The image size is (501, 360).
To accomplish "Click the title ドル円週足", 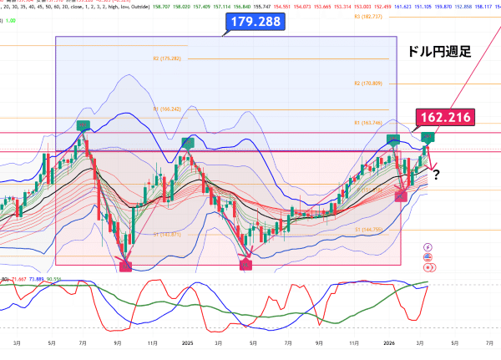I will pyautogui.click(x=438, y=52).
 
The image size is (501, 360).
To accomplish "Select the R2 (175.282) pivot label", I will pyautogui.click(x=167, y=58).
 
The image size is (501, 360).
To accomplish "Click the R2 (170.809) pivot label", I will pyautogui.click(x=367, y=84).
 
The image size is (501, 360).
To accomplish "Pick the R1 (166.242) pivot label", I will pyautogui.click(x=167, y=109).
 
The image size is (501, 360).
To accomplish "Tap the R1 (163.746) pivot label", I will pyautogui.click(x=367, y=123).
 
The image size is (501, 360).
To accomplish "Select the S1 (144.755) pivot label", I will pyautogui.click(x=367, y=229).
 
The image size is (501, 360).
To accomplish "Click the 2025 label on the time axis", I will pyautogui.click(x=188, y=342).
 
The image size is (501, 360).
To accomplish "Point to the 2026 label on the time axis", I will pyautogui.click(x=389, y=342).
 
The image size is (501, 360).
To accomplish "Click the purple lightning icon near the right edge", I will pyautogui.click(x=428, y=247).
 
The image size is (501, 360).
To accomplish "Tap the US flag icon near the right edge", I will pyautogui.click(x=428, y=266).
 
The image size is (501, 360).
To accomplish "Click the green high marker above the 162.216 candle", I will pyautogui.click(x=428, y=136).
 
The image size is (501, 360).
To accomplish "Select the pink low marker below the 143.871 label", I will pyautogui.click(x=126, y=266).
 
